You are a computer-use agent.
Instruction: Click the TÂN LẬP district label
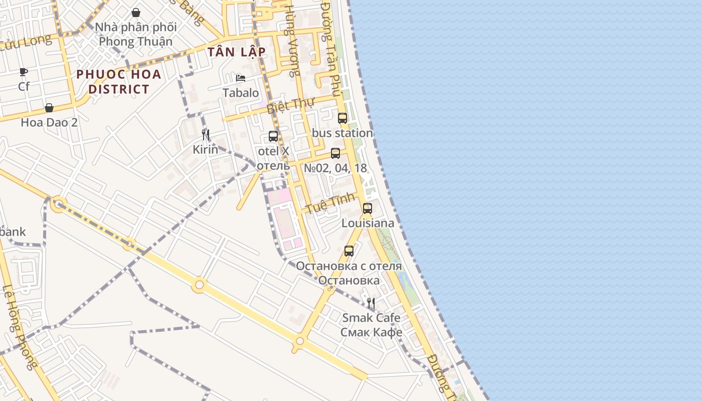(x=236, y=52)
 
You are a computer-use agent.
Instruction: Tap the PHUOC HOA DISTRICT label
(x=119, y=82)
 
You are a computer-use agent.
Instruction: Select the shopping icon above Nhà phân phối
(x=135, y=13)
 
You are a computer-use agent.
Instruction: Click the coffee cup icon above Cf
(x=24, y=72)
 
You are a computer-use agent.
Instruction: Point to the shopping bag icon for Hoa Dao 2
(x=49, y=108)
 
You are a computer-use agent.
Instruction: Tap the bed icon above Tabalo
(x=241, y=78)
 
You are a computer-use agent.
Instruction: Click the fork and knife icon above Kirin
(x=205, y=134)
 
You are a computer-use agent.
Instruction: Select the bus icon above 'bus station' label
(x=342, y=118)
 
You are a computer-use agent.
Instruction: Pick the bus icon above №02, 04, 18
(x=335, y=153)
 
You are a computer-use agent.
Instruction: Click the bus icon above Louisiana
(x=368, y=209)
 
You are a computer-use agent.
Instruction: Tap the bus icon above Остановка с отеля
(x=349, y=251)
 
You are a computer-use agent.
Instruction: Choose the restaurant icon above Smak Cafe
(x=371, y=303)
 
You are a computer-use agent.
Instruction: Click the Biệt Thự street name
(x=290, y=106)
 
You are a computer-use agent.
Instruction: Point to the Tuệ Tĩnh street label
(x=327, y=203)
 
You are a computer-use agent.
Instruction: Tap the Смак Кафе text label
(x=371, y=332)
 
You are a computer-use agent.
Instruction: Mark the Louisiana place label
(x=368, y=223)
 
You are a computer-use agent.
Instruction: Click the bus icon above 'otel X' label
(x=273, y=136)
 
